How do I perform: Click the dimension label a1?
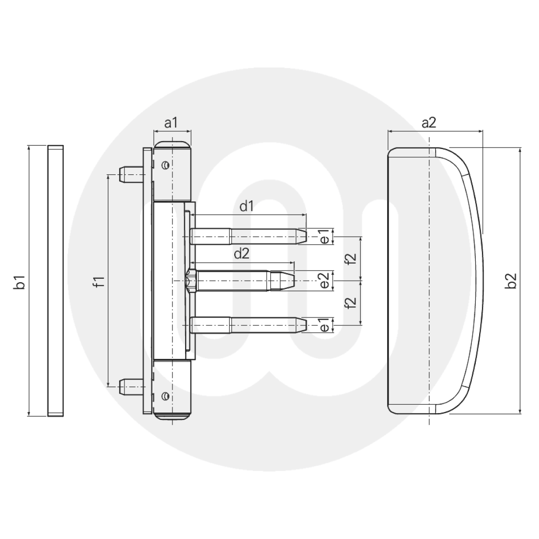tap(171, 123)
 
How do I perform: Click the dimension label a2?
tap(429, 123)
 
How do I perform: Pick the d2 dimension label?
tap(241, 253)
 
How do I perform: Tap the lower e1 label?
tap(324, 325)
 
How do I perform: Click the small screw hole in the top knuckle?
tap(167, 165)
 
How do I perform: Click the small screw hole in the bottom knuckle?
tap(167, 395)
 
